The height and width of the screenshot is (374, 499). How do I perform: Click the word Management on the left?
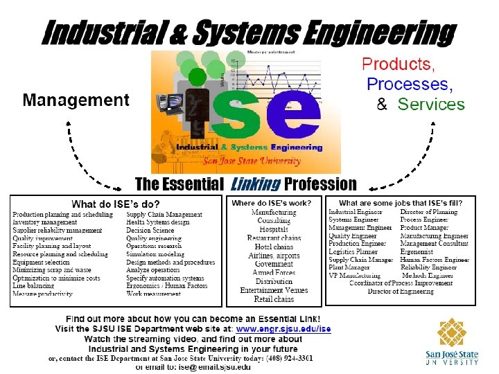pos(76,100)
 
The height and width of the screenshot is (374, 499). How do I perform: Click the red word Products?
pos(399,64)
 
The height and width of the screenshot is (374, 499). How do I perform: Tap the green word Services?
pos(431,105)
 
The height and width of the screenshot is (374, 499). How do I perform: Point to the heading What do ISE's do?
pos(116,204)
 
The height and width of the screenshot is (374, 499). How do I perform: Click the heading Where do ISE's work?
pos(272,203)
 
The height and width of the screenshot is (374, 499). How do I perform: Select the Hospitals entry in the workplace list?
pos(274,229)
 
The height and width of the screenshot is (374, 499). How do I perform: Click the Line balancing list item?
pos(33,285)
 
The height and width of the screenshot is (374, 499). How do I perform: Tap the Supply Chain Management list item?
pos(164,215)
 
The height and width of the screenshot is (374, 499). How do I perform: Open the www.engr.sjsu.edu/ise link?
pos(283,329)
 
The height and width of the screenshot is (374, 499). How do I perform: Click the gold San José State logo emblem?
pos(452,334)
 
